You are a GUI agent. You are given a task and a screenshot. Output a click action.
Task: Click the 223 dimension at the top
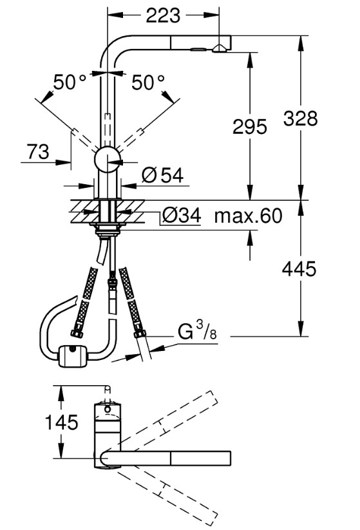tap(163, 15)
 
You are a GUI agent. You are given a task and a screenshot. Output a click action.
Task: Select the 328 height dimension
tap(301, 118)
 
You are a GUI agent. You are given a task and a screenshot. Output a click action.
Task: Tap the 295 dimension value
tap(250, 127)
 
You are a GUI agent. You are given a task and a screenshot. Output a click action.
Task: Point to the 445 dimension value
tap(299, 269)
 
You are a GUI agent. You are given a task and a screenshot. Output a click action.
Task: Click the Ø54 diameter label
tap(163, 175)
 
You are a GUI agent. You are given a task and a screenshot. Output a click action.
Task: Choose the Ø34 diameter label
tap(182, 215)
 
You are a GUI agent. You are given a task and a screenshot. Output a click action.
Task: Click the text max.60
tap(248, 216)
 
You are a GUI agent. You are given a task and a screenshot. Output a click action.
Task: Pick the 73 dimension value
tap(38, 152)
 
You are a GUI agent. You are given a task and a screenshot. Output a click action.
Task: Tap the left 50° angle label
tap(70, 82)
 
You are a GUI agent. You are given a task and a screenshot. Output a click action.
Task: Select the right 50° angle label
tap(148, 82)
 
